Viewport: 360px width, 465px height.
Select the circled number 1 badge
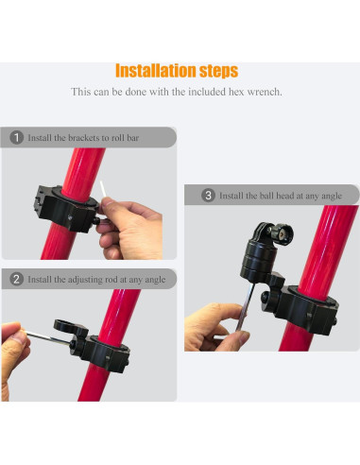click(x=16, y=138)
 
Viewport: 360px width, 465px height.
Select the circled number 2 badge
click(x=16, y=279)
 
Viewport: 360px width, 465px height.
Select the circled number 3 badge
click(x=208, y=196)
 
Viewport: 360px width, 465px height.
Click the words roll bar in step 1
click(x=125, y=138)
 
